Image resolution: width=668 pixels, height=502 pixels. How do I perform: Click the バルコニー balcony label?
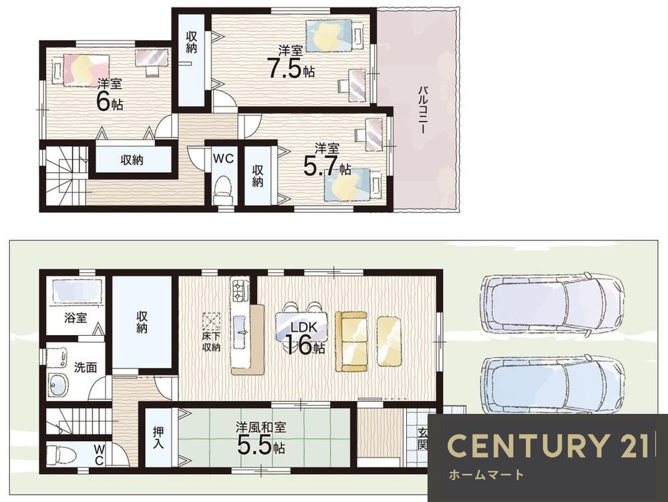[x=422, y=110]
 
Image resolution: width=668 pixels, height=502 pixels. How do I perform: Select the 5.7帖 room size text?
[x=327, y=166]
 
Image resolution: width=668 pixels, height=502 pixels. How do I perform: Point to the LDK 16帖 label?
[x=304, y=338]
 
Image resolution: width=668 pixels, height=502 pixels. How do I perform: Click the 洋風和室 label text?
[x=261, y=427]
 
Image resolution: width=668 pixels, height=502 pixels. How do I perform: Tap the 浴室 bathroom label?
[x=76, y=317]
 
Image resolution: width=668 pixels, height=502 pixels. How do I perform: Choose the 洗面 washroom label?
[x=86, y=367]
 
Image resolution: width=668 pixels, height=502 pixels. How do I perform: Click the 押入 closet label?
[x=158, y=438]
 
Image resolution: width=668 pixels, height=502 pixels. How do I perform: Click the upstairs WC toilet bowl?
[x=222, y=191]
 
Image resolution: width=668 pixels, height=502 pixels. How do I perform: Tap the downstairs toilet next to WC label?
[x=61, y=455]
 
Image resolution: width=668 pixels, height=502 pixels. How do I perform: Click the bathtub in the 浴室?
[x=77, y=291]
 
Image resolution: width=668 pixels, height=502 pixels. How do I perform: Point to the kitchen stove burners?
[x=240, y=290]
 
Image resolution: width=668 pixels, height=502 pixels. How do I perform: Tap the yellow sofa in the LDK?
[x=351, y=342]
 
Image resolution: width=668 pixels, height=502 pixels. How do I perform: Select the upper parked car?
[x=552, y=305]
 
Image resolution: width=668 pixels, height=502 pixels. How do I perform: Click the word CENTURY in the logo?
[x=527, y=445]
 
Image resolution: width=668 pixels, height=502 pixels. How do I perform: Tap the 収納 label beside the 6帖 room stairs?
[x=132, y=160]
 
